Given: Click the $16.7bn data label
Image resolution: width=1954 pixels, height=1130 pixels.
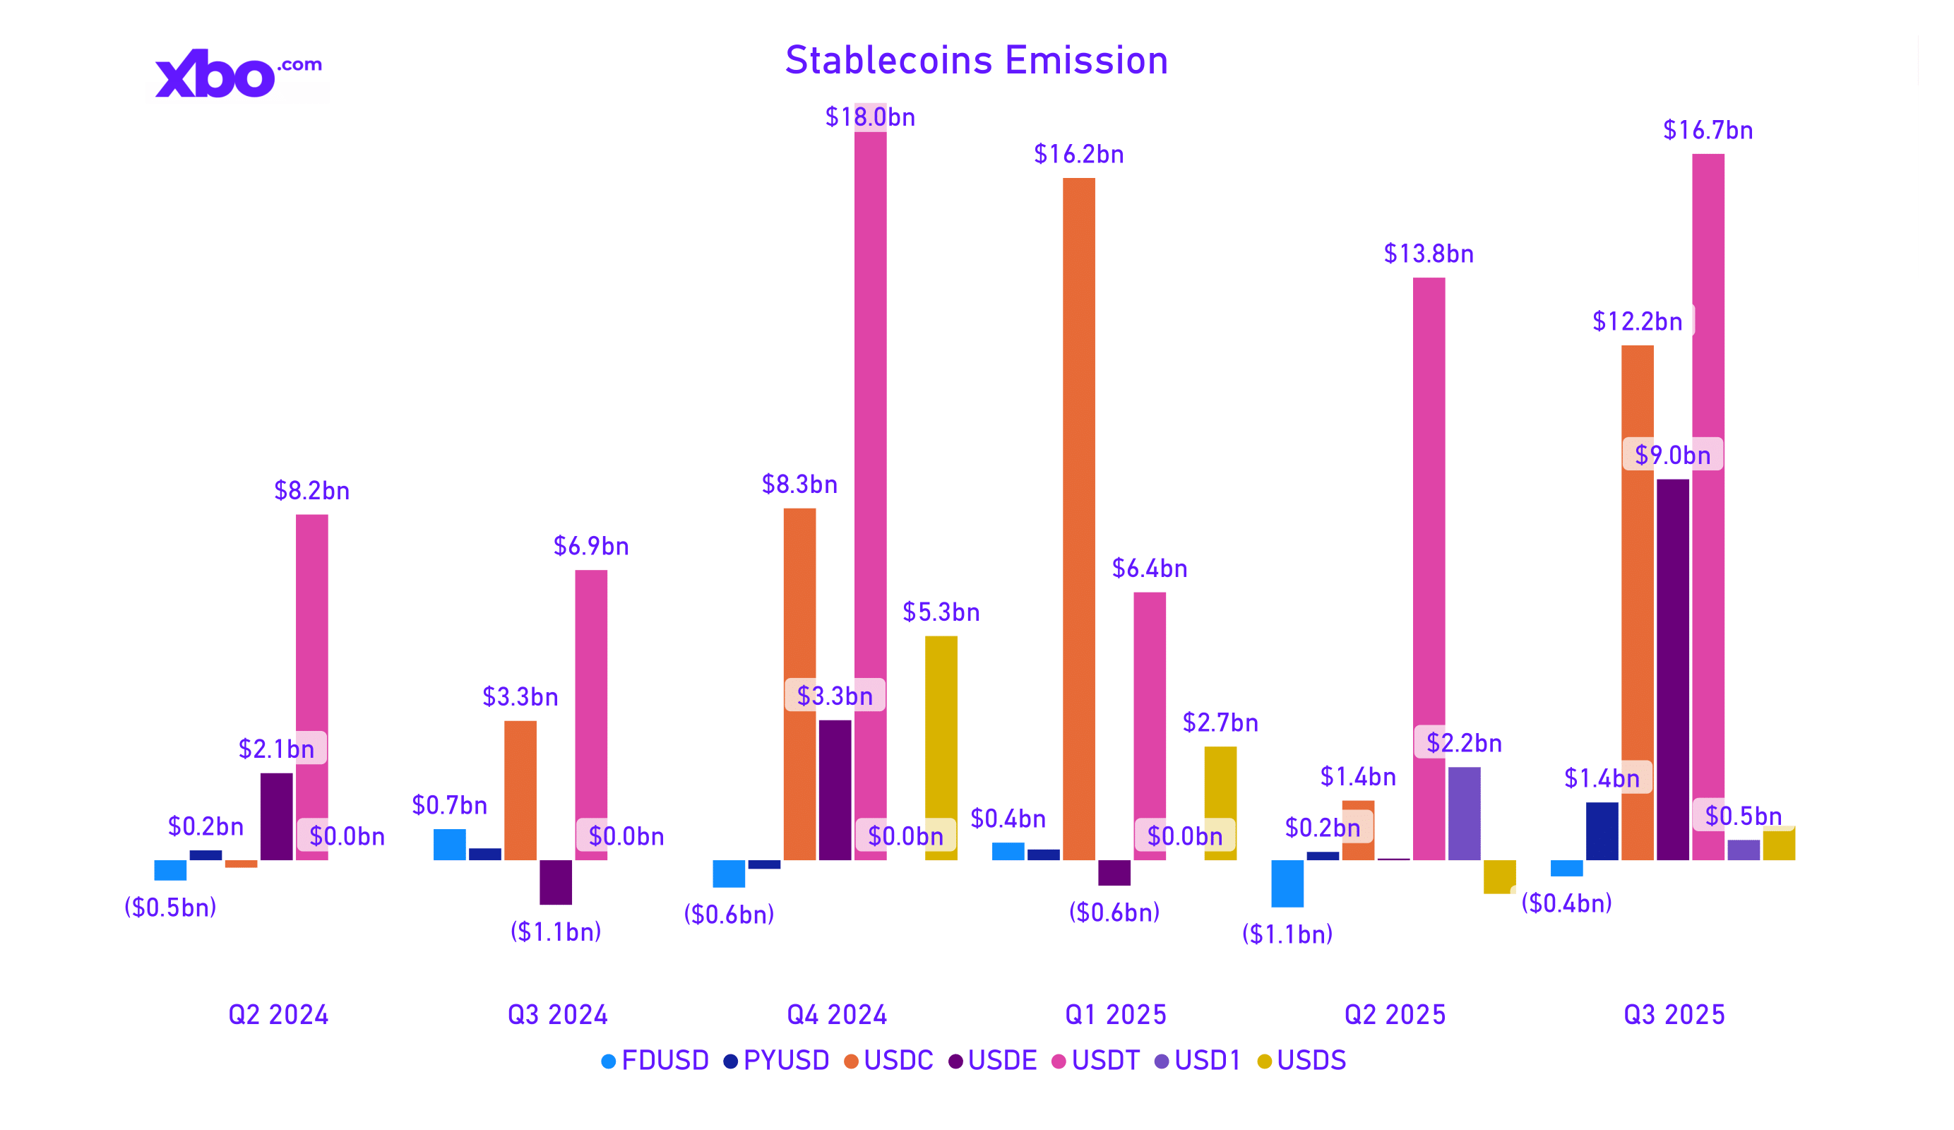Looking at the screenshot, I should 1708,130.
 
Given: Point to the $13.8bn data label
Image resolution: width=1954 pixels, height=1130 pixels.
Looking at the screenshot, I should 1429,254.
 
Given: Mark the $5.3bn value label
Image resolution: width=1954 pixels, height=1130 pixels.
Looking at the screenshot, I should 941,612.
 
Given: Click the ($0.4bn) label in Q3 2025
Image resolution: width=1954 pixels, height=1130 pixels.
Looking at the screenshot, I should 1566,903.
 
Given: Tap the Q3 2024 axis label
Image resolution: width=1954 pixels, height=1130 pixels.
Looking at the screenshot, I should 556,1014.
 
